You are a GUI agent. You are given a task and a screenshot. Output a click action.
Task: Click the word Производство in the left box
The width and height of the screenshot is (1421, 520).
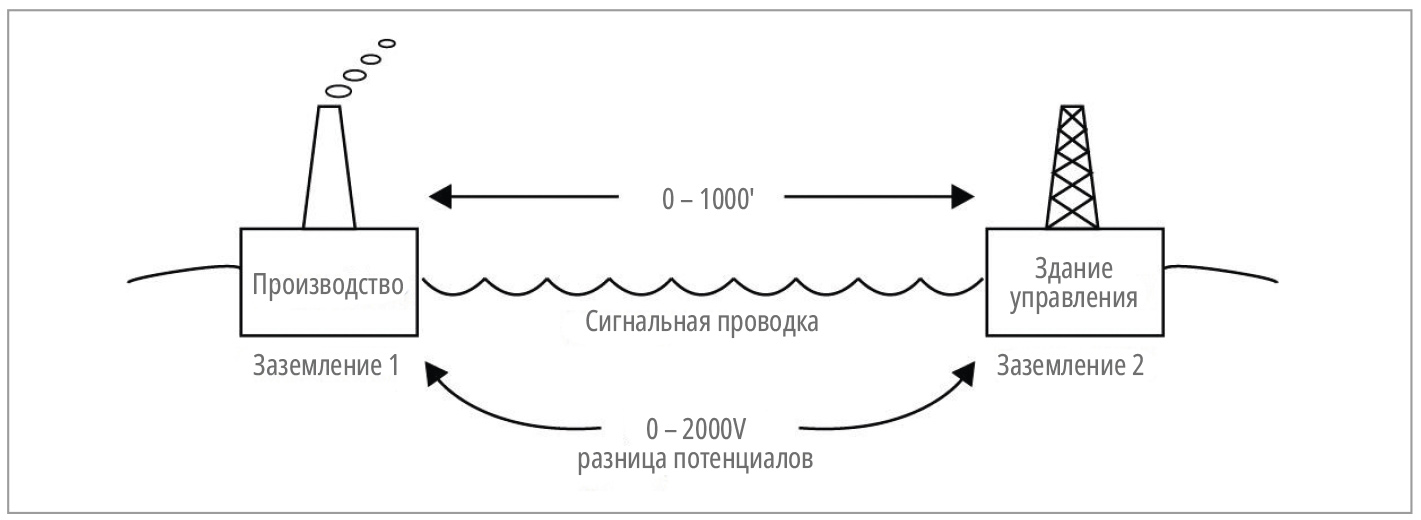pyautogui.click(x=329, y=285)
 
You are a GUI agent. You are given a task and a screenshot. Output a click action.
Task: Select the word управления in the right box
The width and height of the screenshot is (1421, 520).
pyautogui.click(x=1072, y=300)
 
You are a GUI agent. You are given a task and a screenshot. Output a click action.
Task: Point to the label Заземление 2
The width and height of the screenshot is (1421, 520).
pyautogui.click(x=1071, y=366)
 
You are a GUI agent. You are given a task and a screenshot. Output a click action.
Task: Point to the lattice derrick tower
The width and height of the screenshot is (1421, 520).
pyautogui.click(x=1072, y=170)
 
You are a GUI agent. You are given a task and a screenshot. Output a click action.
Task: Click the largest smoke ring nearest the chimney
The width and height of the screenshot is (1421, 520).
pyautogui.click(x=337, y=90)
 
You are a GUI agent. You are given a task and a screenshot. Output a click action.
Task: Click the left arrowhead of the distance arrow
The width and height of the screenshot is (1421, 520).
pyautogui.click(x=438, y=196)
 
